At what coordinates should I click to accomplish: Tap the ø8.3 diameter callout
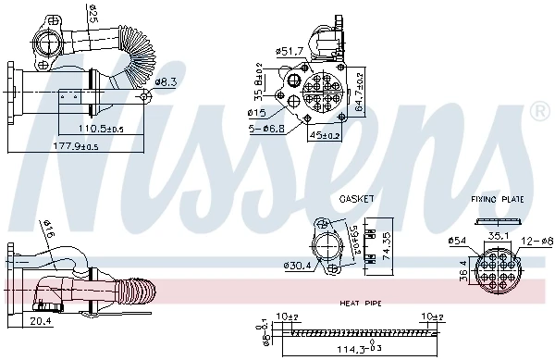(166, 82)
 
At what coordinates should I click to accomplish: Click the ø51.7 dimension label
(291, 50)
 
